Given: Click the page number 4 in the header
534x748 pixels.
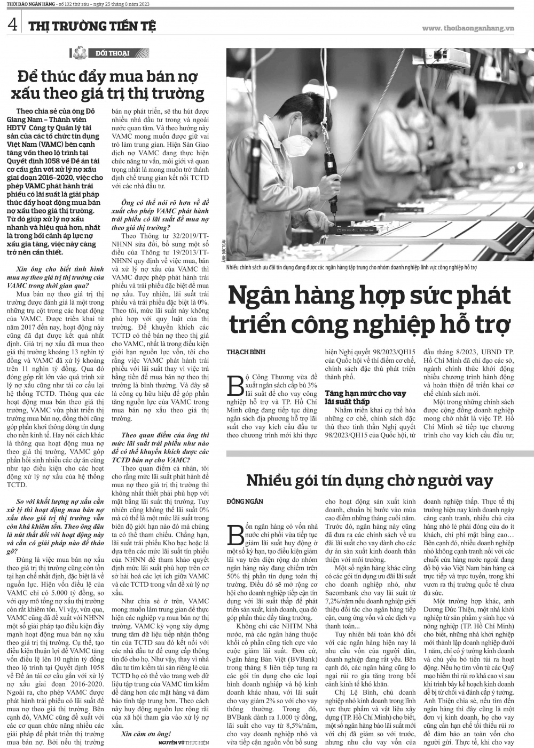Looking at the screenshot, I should pos(12,25).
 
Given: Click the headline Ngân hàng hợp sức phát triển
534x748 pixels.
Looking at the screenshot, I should pos(370,309).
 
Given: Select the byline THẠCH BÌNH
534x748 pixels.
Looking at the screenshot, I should pos(246,352).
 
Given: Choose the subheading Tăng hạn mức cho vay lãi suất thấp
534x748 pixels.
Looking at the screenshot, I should pos(366,397).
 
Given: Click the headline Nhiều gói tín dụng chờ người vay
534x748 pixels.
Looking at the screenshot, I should pos(370,480).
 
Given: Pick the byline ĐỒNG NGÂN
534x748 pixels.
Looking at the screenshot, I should pos(245,502).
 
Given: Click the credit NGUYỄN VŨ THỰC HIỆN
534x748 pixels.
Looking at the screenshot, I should pos(184,743).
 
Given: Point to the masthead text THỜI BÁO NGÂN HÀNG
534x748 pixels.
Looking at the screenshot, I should pos(23,5).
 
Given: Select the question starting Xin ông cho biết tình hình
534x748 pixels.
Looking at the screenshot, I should pos(60,277).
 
